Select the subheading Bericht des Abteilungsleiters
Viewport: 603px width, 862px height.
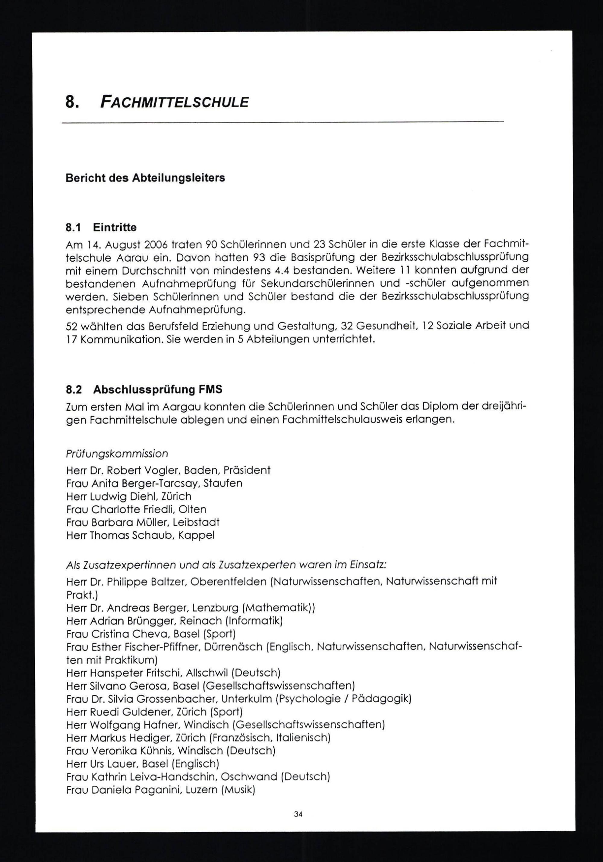pos(145,178)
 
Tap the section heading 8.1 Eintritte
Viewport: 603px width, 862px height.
pos(101,228)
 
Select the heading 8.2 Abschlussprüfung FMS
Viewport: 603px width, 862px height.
pos(144,389)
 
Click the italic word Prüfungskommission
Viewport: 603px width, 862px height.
pos(117,454)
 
